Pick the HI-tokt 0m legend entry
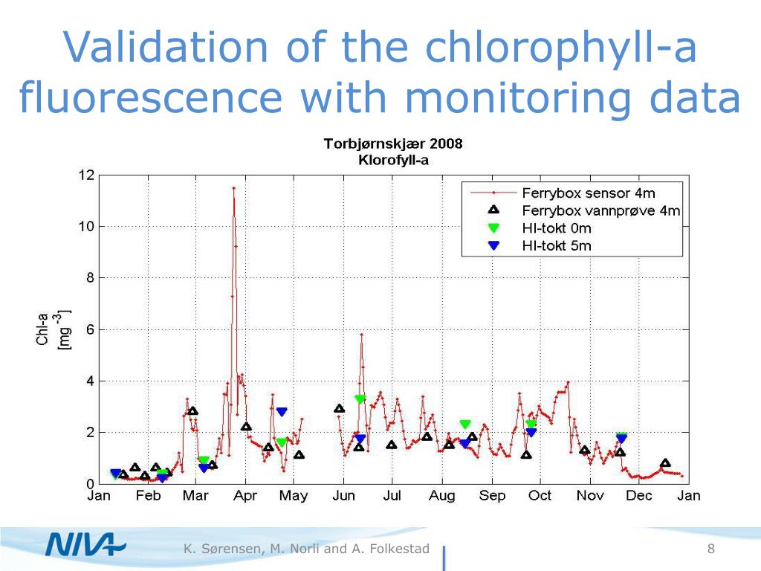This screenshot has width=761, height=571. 557,228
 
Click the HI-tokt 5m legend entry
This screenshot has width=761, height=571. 557,245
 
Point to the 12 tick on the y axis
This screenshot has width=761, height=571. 86,175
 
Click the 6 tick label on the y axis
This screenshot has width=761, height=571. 89,329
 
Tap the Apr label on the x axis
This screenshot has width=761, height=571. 245,496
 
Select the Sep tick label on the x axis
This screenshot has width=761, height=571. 492,496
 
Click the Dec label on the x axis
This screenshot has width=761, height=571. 639,496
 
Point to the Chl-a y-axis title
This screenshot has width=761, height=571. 44,329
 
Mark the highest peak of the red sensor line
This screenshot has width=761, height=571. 233,188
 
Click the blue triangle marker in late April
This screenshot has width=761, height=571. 282,412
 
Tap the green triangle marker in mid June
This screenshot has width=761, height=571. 360,399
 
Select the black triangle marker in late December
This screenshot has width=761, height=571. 665,462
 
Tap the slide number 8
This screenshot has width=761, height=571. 711,549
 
